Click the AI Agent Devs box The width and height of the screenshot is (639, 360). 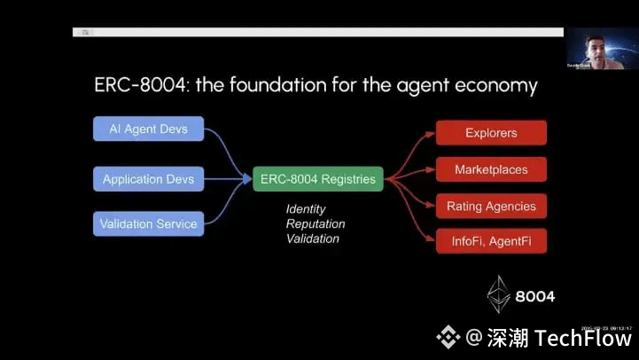(x=148, y=129)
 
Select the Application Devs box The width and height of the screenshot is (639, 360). (x=148, y=179)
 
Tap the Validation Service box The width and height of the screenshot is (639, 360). (x=148, y=223)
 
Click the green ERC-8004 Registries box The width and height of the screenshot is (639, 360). (x=318, y=179)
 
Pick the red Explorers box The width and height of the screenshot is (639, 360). (x=491, y=133)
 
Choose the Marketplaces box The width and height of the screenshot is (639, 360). (x=491, y=169)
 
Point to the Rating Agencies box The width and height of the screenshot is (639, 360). (x=491, y=207)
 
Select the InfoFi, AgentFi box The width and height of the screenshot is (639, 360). (x=491, y=241)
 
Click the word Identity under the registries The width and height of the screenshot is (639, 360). (x=306, y=209)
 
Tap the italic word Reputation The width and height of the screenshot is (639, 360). (x=316, y=224)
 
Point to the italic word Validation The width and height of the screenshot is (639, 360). (x=313, y=239)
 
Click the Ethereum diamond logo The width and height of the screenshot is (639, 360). (x=499, y=293)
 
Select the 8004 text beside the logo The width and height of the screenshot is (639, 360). (x=535, y=296)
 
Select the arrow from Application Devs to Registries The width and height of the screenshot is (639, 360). (x=228, y=179)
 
